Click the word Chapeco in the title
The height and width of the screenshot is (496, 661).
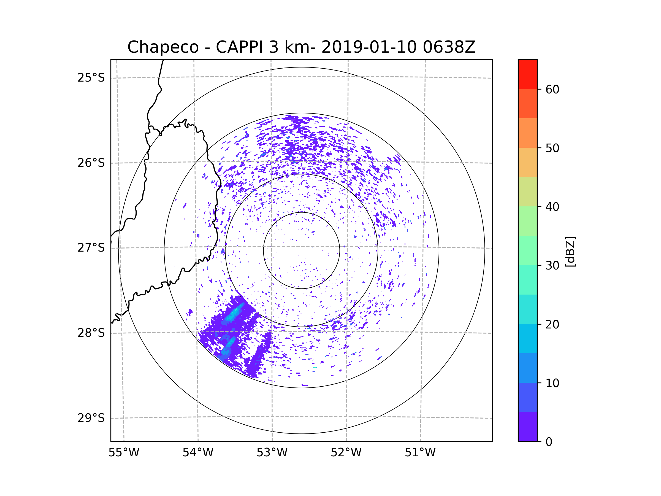pos(163,47)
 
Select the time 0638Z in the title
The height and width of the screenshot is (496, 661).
pos(449,47)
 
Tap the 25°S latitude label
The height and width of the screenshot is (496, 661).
pos(91,78)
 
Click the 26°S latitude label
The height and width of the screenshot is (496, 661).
pos(91,163)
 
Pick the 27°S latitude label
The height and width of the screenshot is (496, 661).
pos(91,248)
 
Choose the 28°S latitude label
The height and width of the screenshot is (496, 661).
pos(91,333)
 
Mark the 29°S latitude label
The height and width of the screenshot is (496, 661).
pos(91,418)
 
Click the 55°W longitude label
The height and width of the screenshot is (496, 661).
pos(124,453)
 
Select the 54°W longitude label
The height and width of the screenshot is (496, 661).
pos(198,453)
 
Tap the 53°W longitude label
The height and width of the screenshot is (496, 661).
pos(272,453)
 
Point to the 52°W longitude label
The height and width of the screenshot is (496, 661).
pos(346,453)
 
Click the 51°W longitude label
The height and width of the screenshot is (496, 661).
pos(420,453)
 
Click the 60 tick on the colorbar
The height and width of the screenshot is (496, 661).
pos(552,89)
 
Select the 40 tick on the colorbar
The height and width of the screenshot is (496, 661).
pos(552,207)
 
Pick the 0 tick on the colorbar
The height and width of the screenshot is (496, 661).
pos(549,442)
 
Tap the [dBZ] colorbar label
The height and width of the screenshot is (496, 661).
pos(570,251)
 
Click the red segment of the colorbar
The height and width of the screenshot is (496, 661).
pos(527,74)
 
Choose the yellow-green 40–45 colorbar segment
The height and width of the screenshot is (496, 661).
pos(527,192)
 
